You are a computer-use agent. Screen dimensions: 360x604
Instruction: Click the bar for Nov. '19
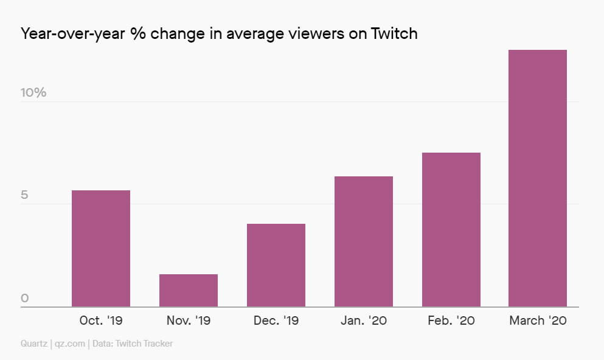pyautogui.click(x=189, y=291)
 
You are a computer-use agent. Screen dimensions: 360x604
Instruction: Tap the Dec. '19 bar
pyautogui.click(x=276, y=265)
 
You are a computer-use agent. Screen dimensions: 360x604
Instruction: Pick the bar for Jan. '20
pyautogui.click(x=364, y=241)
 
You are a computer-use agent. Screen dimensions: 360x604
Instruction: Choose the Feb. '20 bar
pyautogui.click(x=451, y=230)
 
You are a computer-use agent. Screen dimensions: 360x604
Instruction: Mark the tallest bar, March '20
pyautogui.click(x=538, y=178)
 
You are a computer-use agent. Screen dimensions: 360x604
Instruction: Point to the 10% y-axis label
pyautogui.click(x=33, y=92)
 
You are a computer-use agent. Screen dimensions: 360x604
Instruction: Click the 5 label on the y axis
pyautogui.click(x=25, y=195)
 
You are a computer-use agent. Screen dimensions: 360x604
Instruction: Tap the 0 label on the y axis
pyautogui.click(x=25, y=298)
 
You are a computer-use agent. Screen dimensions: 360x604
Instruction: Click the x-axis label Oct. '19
pyautogui.click(x=101, y=320)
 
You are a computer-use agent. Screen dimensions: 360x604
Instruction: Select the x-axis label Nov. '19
pyautogui.click(x=189, y=320)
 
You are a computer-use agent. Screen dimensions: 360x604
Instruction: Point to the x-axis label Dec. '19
pyautogui.click(x=276, y=320)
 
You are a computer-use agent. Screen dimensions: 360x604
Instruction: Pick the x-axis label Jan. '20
pyautogui.click(x=364, y=320)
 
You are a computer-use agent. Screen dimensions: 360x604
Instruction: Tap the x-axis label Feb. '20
pyautogui.click(x=451, y=320)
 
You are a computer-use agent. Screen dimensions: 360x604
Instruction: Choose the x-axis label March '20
pyautogui.click(x=538, y=320)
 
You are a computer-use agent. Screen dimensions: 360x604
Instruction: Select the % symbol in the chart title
pyautogui.click(x=137, y=33)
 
